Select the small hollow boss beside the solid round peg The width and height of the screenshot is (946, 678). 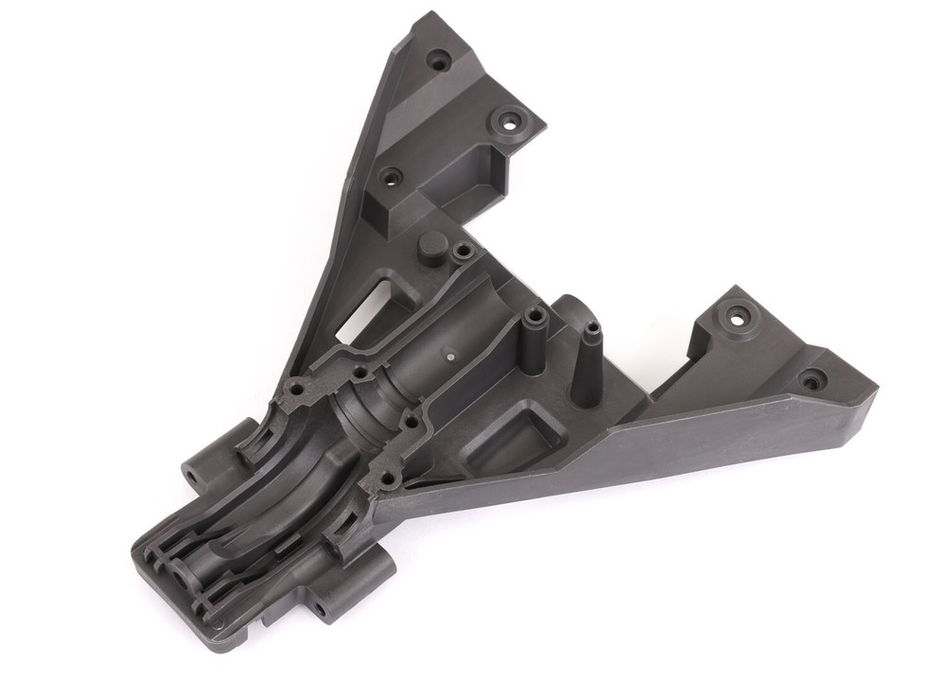click(463, 252)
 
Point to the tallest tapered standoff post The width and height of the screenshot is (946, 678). click(591, 333)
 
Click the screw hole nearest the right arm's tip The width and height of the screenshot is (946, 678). click(811, 381)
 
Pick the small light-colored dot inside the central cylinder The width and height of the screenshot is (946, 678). click(451, 356)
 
